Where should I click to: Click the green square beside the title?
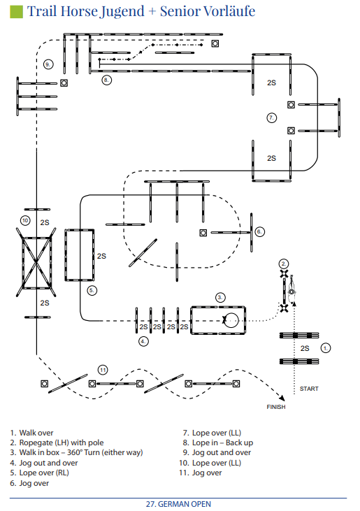point(16,11)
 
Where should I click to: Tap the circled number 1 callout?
point(326,348)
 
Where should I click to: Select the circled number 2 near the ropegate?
point(284,264)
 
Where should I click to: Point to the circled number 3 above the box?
point(220,297)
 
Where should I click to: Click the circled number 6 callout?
point(259,232)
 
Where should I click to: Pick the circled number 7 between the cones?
point(272,117)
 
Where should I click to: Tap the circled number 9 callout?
point(48,64)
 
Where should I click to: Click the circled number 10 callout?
point(25,221)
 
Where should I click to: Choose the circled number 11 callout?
point(103,370)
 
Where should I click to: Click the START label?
point(309,389)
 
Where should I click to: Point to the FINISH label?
point(276,407)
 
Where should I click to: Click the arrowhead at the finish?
point(282,398)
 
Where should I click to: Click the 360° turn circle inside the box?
point(231,320)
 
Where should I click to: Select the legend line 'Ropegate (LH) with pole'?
point(62,442)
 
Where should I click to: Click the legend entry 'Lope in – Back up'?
point(222,442)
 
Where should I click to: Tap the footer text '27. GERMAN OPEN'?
point(178,504)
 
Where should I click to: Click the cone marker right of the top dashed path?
point(215,43)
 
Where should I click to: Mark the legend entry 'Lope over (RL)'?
point(44,473)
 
